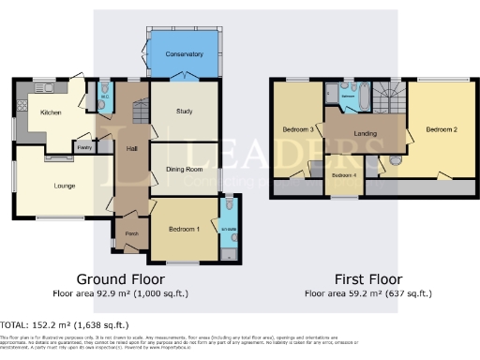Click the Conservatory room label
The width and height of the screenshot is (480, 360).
coord(184,54)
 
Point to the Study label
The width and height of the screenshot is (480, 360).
coord(185,112)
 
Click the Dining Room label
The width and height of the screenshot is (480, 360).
coord(185,170)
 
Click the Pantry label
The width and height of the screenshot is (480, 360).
coord(83,147)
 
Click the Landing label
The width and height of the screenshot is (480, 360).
coord(366,133)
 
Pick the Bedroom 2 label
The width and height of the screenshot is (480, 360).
coord(441,128)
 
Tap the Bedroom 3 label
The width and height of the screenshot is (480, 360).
coord(297,128)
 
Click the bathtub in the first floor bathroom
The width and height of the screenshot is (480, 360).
coord(348,97)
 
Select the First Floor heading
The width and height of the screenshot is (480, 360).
coord(368,279)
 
